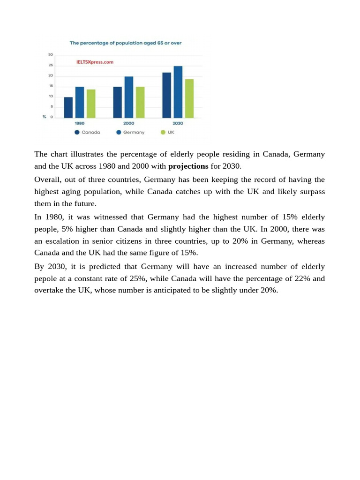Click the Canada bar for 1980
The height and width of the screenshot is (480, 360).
[x=68, y=107]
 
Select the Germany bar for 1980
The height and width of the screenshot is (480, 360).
[x=80, y=102]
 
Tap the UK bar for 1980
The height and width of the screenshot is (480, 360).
[x=91, y=104]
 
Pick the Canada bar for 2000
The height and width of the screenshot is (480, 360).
[x=118, y=102]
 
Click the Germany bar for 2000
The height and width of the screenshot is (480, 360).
[x=129, y=97]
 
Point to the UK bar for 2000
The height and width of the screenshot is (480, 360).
[x=140, y=102]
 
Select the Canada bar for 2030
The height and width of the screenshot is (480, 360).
[x=166, y=95]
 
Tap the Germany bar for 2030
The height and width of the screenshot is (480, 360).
[x=178, y=92]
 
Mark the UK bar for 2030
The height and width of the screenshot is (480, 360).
[x=189, y=98]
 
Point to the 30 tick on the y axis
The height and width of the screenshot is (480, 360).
[x=50, y=55]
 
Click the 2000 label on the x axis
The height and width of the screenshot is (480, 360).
[x=129, y=123]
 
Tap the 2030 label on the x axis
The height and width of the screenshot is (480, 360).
[x=178, y=123]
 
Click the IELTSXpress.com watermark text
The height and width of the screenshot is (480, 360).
[x=94, y=61]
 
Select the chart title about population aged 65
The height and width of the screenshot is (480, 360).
[x=125, y=43]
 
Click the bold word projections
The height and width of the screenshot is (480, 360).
[x=188, y=166]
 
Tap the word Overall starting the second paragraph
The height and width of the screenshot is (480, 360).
[x=48, y=180]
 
